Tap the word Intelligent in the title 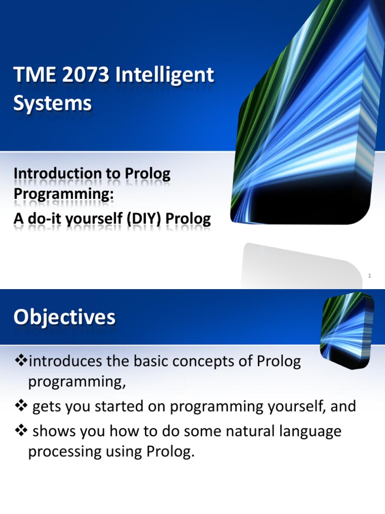click(164, 75)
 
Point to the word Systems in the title click(52, 103)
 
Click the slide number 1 click(369, 276)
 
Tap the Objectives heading click(65, 317)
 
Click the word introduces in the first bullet click(66, 361)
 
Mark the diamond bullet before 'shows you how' click(21, 431)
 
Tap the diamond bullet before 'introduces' click(21, 361)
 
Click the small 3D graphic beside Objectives click(347, 329)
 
